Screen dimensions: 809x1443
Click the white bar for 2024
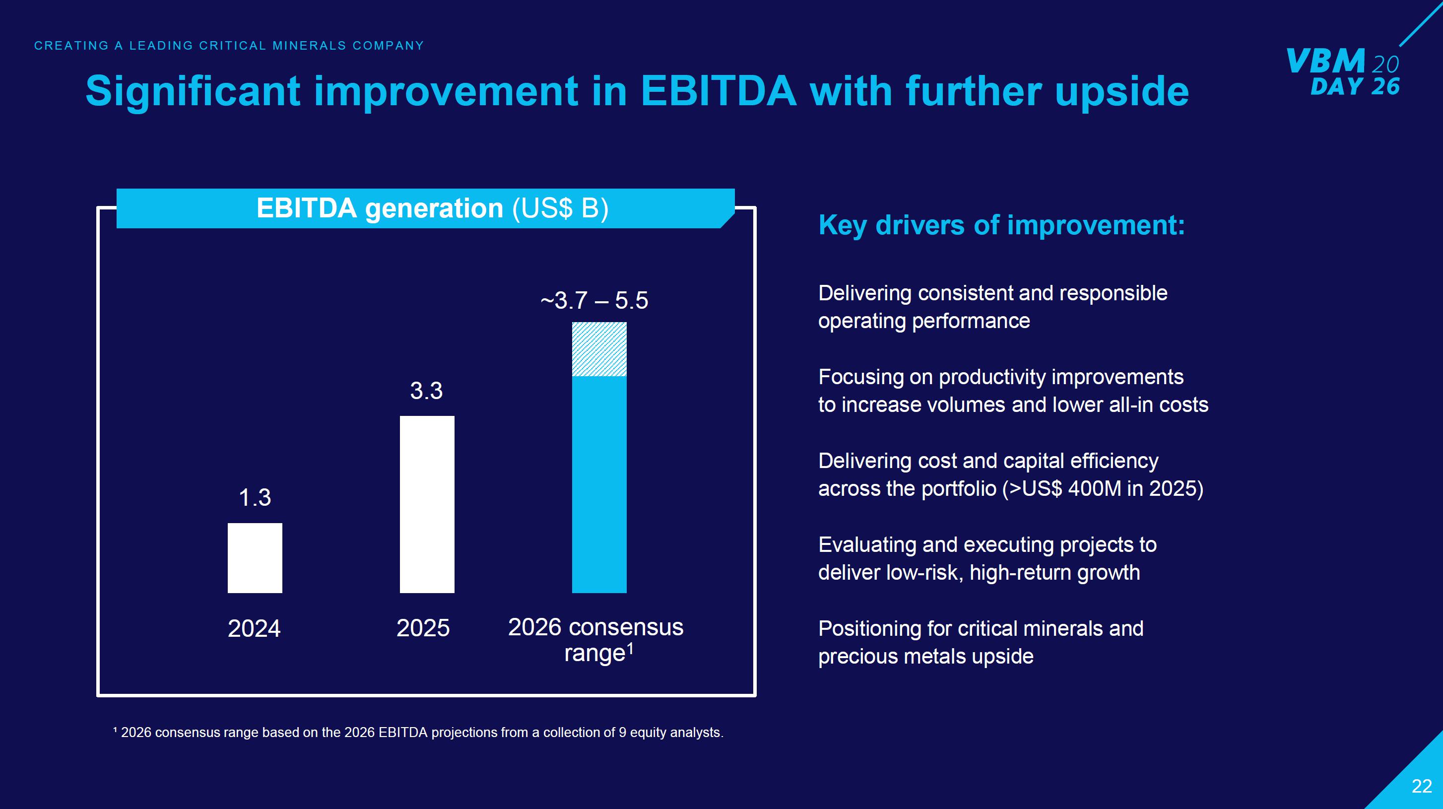[255, 558]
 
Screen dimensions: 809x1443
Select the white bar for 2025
[427, 504]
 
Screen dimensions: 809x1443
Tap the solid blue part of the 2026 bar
[599, 484]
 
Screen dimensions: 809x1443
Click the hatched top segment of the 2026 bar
[599, 349]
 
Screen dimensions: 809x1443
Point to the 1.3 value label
[255, 497]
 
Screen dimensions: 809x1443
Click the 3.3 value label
[426, 391]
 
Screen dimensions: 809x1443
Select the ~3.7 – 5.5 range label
[594, 301]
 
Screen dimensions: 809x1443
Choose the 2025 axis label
[423, 628]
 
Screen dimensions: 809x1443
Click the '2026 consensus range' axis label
[595, 640]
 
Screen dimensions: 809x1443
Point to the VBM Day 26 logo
[1343, 71]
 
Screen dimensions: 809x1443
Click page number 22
[1421, 787]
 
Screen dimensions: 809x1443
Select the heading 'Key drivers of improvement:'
[1001, 225]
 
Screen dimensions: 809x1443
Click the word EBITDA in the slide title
[718, 91]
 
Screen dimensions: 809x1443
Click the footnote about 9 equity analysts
[418, 733]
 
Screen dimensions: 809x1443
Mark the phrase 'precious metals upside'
[925, 657]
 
